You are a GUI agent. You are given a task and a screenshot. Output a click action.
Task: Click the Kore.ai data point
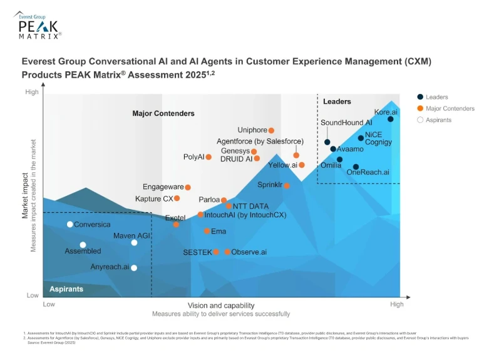point(391,119)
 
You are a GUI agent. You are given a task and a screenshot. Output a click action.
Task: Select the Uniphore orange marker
point(271,130)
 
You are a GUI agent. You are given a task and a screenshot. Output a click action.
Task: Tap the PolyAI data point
point(208,157)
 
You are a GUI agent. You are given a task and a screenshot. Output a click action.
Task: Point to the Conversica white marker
point(69,224)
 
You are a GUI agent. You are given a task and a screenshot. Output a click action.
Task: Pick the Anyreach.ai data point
point(133,267)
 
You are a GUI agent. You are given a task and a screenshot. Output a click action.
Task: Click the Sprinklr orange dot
point(287,185)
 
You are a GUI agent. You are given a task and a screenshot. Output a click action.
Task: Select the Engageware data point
point(187,187)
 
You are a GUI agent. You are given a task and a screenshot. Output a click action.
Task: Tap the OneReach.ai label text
point(368,172)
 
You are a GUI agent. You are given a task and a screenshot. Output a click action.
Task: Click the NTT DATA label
point(250,206)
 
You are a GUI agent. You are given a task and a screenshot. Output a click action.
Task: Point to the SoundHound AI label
point(346,123)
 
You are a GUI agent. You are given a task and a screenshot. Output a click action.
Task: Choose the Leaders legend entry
point(436,97)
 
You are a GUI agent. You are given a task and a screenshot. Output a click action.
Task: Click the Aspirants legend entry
point(438,120)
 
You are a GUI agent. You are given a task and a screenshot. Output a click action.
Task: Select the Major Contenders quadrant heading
point(163,114)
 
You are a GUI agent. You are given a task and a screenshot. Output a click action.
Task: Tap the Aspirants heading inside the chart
point(66,289)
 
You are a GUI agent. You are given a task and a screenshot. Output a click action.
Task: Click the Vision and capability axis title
point(221,305)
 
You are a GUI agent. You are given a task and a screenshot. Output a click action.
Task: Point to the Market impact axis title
point(26,197)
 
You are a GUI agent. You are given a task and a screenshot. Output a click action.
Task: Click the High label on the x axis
point(397,304)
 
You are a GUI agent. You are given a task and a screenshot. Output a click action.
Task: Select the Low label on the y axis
point(31,295)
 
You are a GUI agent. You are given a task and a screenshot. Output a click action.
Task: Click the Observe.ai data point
point(227,252)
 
